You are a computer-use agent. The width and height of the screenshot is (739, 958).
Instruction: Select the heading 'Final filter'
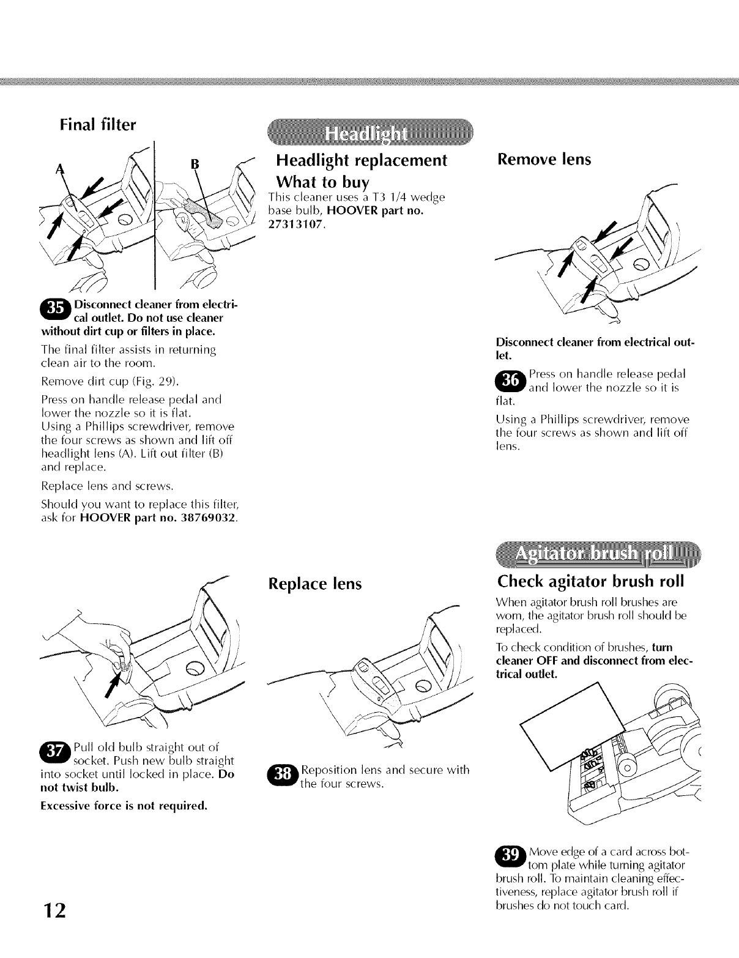click(x=98, y=125)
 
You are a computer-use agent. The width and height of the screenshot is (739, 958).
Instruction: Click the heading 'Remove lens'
click(x=544, y=160)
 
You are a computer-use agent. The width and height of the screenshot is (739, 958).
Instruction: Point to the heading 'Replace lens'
click(x=315, y=584)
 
